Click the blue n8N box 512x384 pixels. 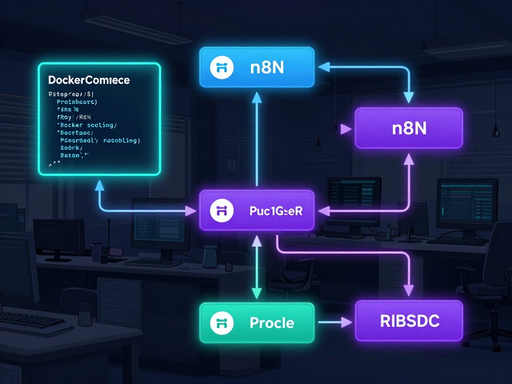[256, 67]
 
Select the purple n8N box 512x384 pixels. [408, 128]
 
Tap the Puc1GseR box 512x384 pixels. [256, 210]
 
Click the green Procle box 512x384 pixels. [256, 322]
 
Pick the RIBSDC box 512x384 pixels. [408, 320]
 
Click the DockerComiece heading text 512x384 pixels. [89, 80]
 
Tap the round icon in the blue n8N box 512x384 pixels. [220, 67]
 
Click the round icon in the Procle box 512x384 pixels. [220, 323]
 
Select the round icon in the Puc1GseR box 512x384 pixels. [220, 211]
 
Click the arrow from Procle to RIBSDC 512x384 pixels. [335, 322]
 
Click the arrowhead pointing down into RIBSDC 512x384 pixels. [408, 290]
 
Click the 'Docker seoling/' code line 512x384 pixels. [87, 125]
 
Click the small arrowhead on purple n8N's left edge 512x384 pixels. [345, 129]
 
